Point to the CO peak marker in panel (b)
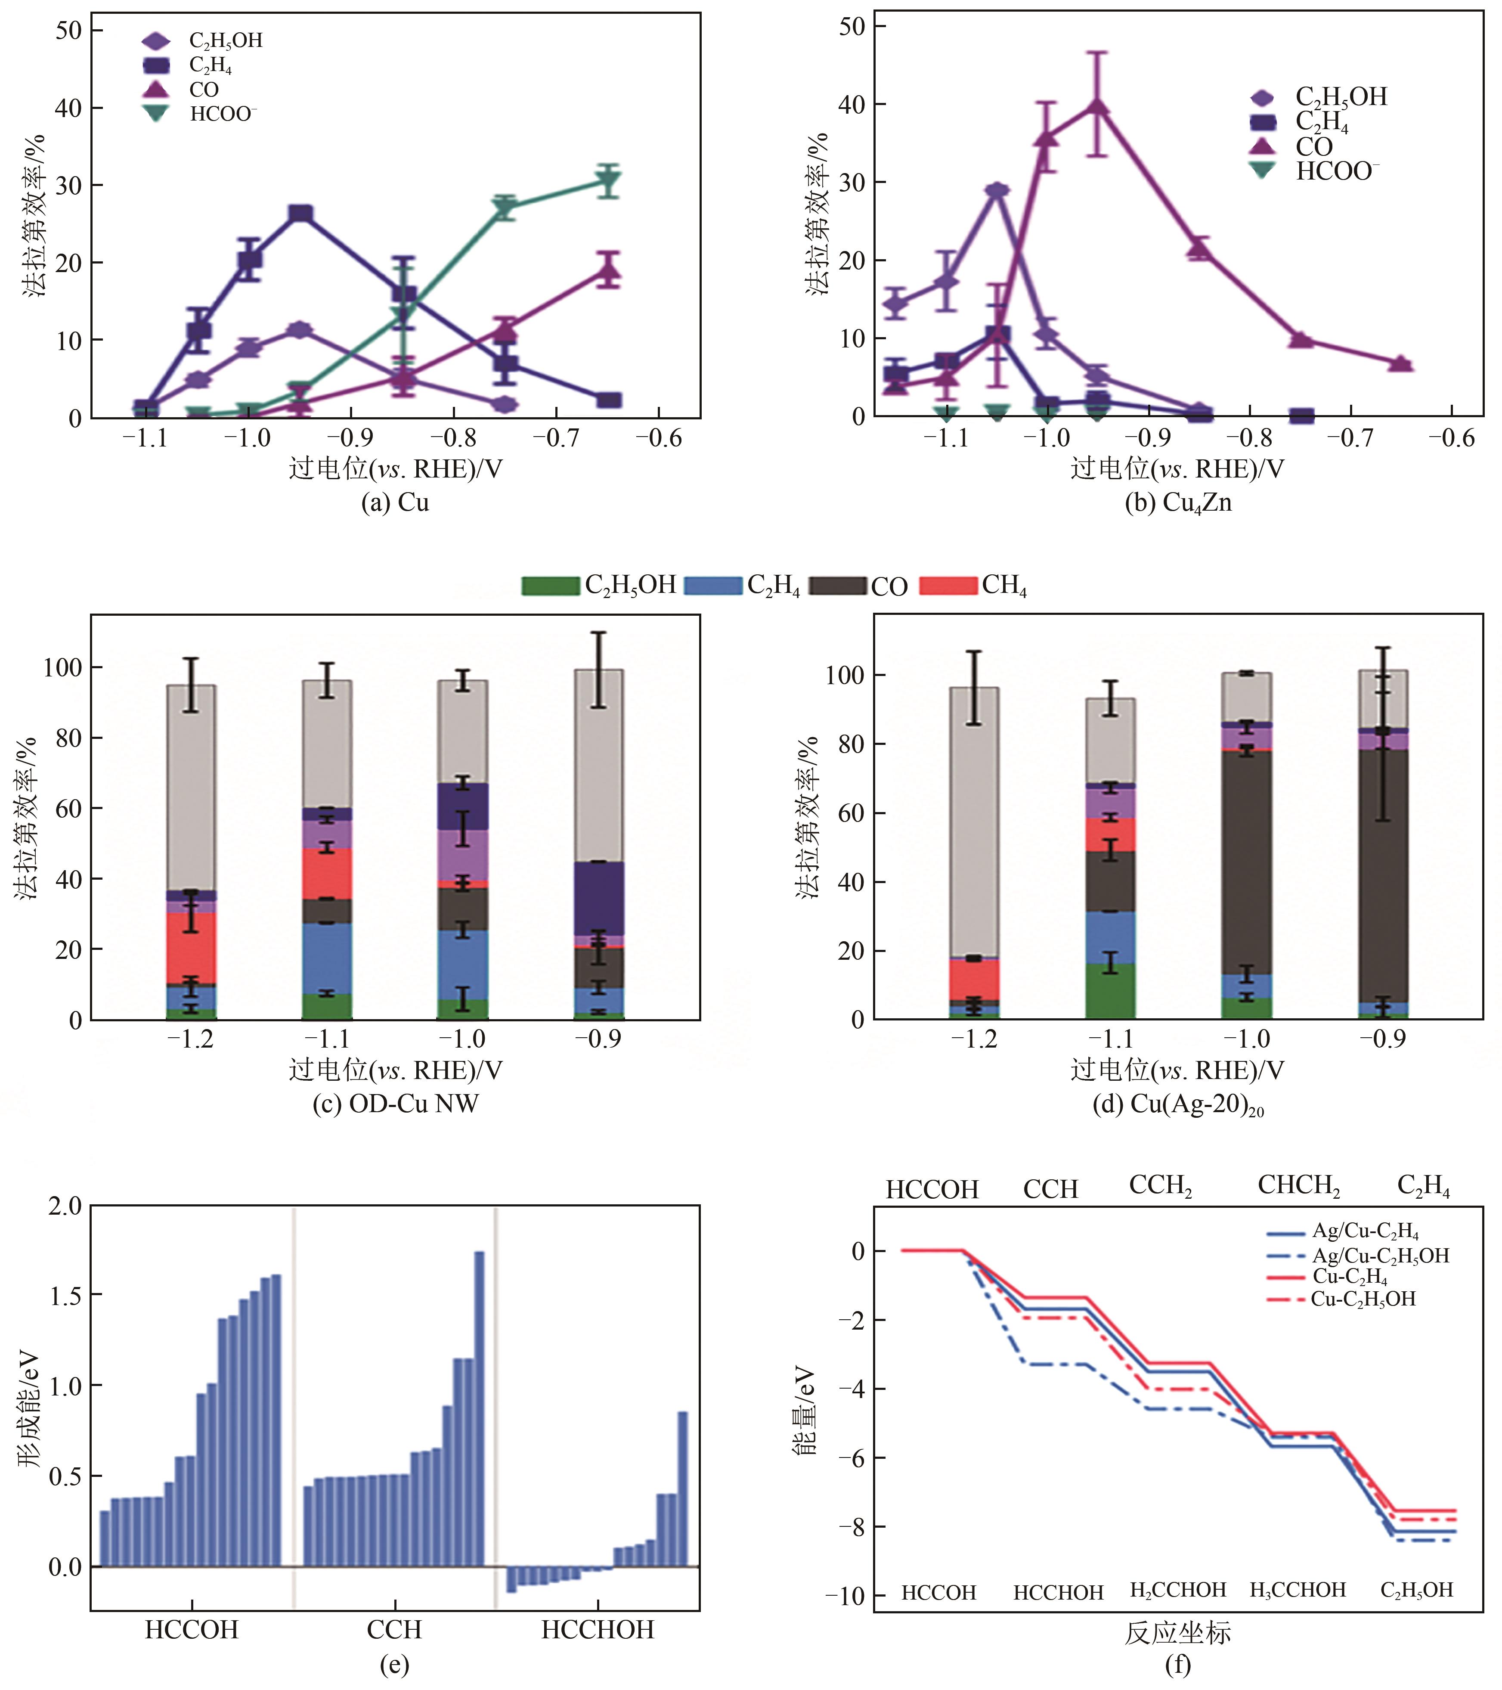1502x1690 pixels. pyautogui.click(x=1097, y=105)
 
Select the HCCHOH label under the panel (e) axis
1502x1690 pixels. pyautogui.click(x=598, y=1630)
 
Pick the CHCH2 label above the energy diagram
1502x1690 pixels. pyautogui.click(x=1299, y=1185)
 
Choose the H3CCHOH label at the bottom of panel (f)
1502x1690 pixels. pyautogui.click(x=1298, y=1589)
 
